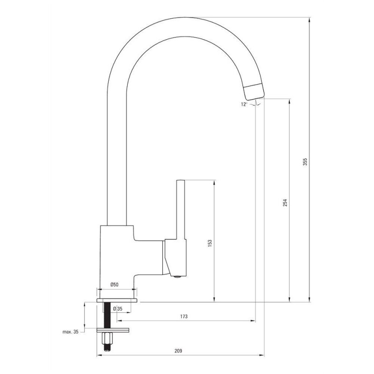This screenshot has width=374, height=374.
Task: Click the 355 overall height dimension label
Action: point(306,162)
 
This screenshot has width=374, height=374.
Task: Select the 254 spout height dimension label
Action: point(285,202)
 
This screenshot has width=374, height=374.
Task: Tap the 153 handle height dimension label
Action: point(210,243)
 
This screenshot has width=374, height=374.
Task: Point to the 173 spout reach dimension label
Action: point(184,316)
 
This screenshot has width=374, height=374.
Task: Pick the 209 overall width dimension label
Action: point(178,351)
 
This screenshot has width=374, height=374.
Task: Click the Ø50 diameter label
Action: point(114,284)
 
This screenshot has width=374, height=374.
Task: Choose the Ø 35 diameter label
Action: point(118,309)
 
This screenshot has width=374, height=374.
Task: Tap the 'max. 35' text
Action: point(71,332)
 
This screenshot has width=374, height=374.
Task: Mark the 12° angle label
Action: point(244,104)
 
